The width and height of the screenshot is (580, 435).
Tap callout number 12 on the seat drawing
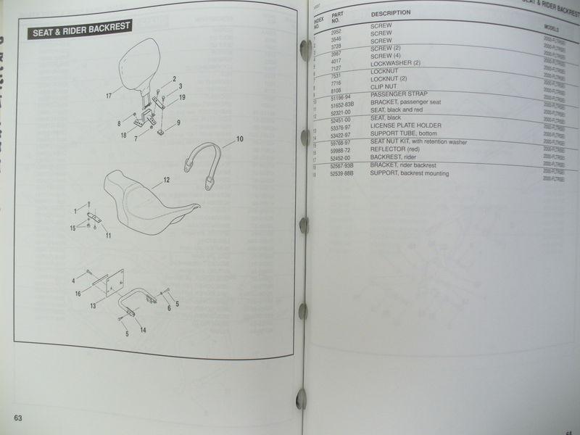click(x=166, y=178)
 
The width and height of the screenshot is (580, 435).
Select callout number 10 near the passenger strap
click(x=239, y=138)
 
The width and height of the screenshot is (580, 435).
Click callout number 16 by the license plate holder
click(x=78, y=294)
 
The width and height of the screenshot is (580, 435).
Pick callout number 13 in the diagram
click(x=93, y=306)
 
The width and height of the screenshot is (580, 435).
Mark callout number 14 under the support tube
click(x=143, y=330)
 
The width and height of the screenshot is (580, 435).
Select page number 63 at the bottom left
click(x=18, y=418)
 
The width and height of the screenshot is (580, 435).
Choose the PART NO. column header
click(x=338, y=18)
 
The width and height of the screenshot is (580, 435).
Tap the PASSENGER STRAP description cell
click(x=399, y=94)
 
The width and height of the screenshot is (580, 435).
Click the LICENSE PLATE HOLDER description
click(x=406, y=125)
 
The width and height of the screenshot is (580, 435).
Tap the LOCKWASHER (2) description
click(x=395, y=63)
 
